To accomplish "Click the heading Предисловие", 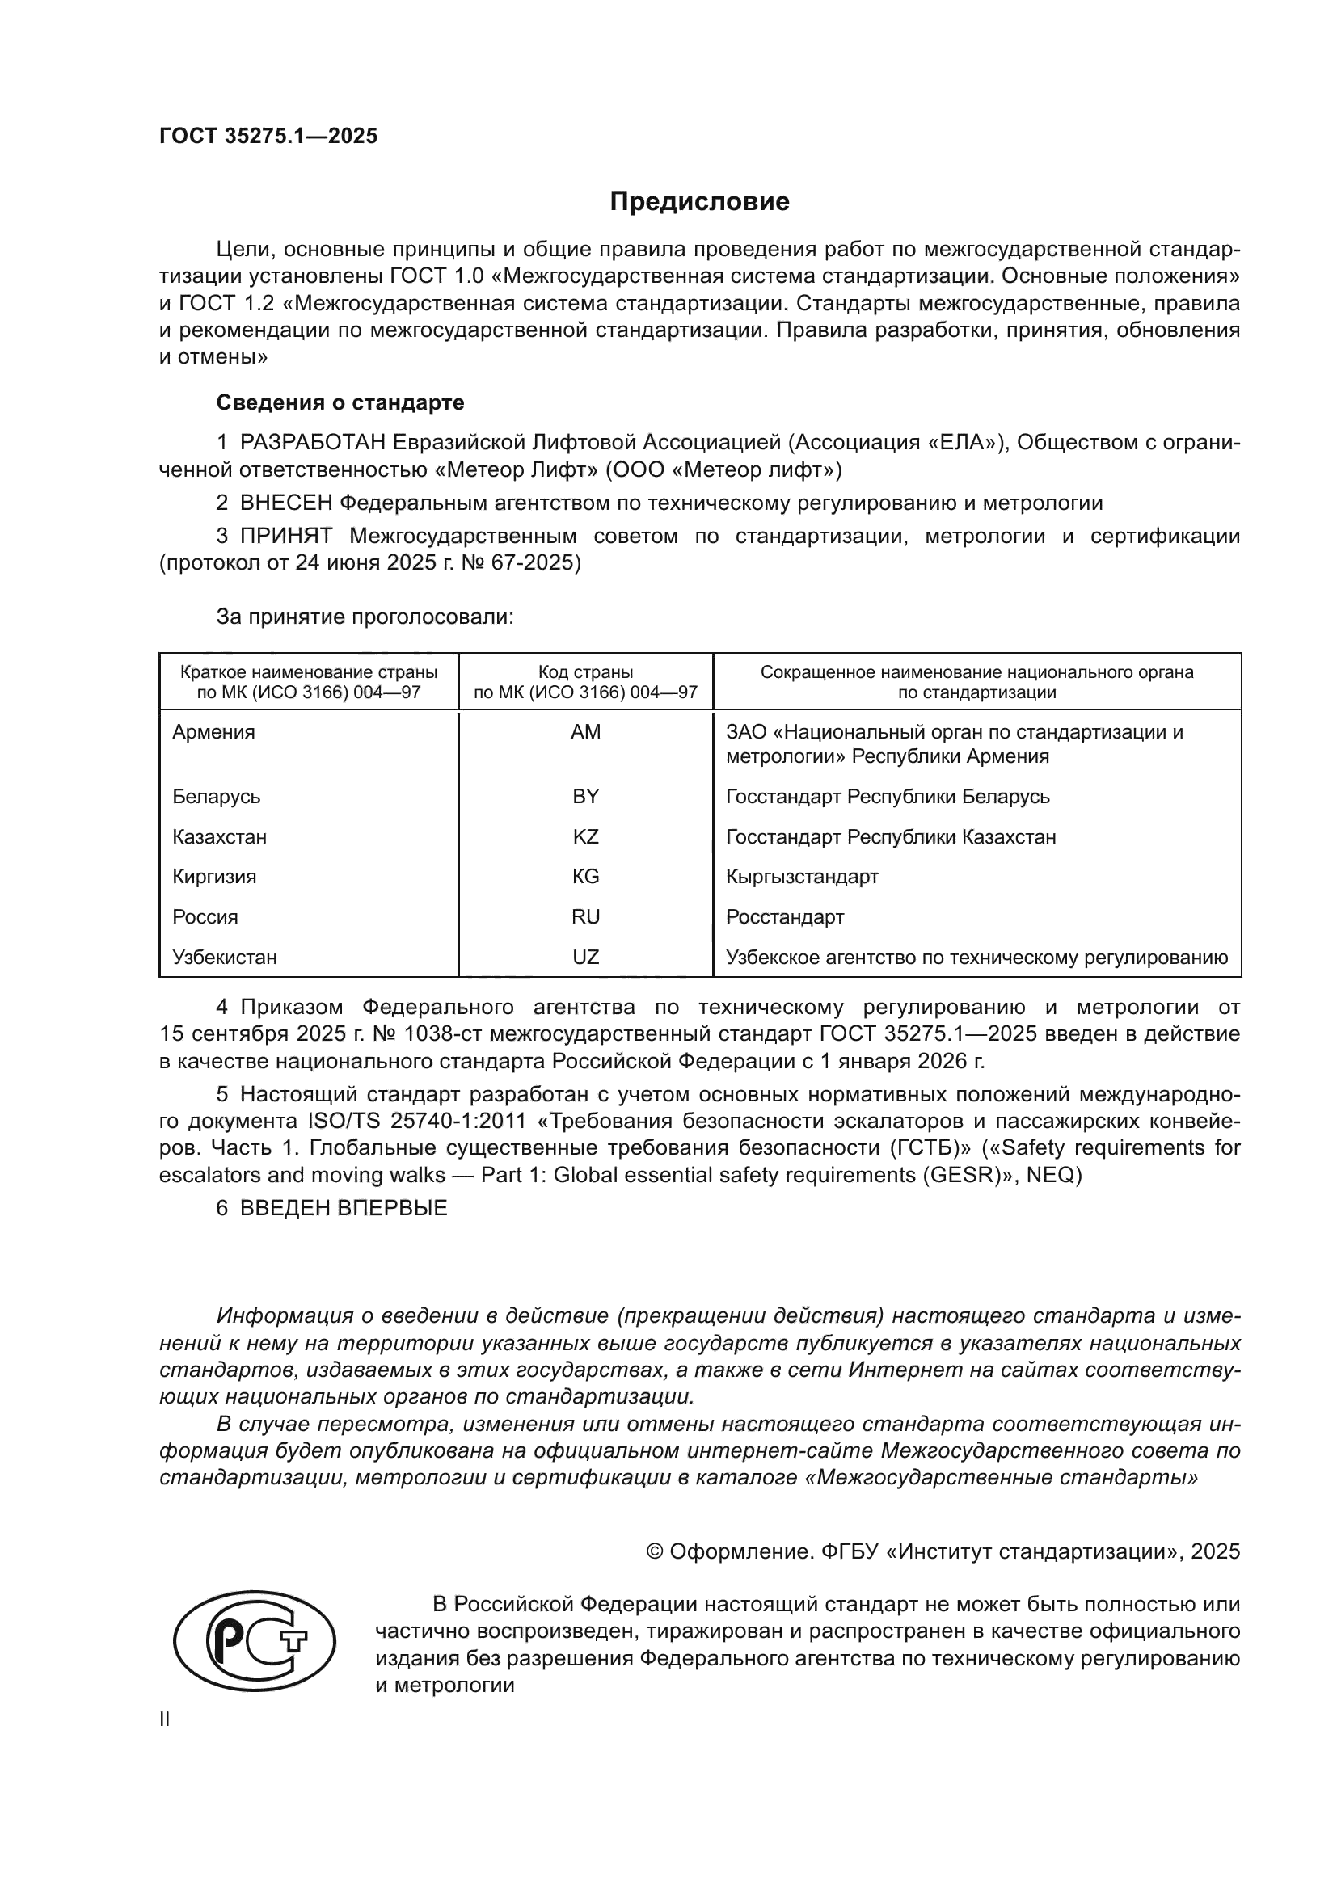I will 699,202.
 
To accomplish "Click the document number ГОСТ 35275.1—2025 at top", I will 268,137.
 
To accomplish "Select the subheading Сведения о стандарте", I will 340,402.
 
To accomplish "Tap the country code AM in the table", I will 585,732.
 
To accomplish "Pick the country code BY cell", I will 585,796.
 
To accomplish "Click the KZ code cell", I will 585,836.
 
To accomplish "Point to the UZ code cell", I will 585,958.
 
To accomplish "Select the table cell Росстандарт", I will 785,917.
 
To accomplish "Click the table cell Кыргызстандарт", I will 802,877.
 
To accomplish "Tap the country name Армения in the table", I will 213,732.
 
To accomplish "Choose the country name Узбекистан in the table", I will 224,958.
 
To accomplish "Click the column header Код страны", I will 585,672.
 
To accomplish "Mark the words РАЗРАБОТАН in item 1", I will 312,443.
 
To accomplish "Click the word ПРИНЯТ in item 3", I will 285,537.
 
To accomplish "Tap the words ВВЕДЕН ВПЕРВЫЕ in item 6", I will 344,1208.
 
